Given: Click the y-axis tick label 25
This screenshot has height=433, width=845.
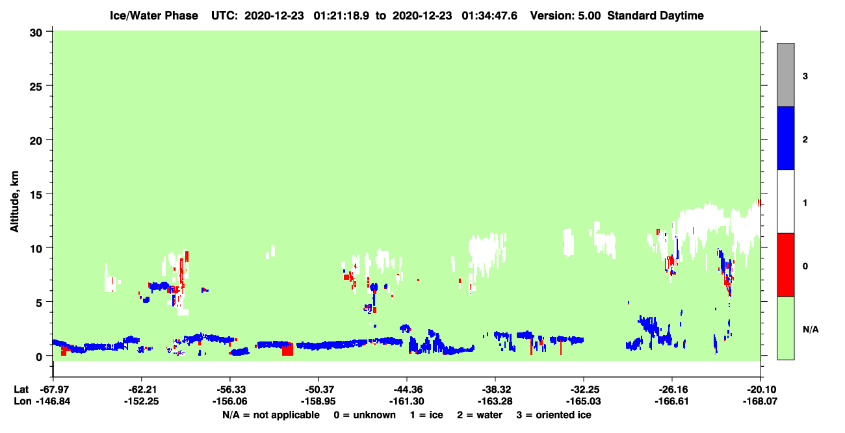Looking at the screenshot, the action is click(x=36, y=86).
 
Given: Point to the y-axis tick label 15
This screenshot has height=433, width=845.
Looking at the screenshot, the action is click(x=36, y=195).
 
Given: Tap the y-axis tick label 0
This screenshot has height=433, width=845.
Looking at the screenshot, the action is click(x=39, y=357).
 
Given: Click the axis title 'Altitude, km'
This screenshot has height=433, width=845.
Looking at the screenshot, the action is click(x=14, y=201).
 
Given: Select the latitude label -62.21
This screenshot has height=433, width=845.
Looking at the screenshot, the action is click(x=142, y=390).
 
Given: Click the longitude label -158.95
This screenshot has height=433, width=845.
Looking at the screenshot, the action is click(x=318, y=401).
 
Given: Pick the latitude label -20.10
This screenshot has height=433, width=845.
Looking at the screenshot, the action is click(x=760, y=390).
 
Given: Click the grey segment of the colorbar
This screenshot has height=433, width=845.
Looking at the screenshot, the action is click(x=785, y=75).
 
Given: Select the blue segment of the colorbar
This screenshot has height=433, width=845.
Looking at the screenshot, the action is click(x=785, y=138).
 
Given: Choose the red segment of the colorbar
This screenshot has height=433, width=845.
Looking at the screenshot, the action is click(x=785, y=265).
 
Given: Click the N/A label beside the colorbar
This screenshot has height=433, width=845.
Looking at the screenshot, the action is click(x=811, y=330).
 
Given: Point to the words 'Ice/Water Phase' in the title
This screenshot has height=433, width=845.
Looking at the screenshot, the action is click(x=154, y=16).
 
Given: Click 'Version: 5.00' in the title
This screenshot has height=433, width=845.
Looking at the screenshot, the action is click(x=565, y=16).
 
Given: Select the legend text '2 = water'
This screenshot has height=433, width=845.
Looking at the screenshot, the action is click(x=480, y=415).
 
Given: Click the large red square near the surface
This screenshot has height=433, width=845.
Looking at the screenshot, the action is click(x=287, y=349).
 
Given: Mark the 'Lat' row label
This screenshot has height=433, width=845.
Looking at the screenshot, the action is click(x=21, y=390).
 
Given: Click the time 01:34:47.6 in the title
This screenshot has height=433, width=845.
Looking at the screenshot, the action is click(x=489, y=16).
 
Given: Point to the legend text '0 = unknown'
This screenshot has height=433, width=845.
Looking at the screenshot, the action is click(x=365, y=415).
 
